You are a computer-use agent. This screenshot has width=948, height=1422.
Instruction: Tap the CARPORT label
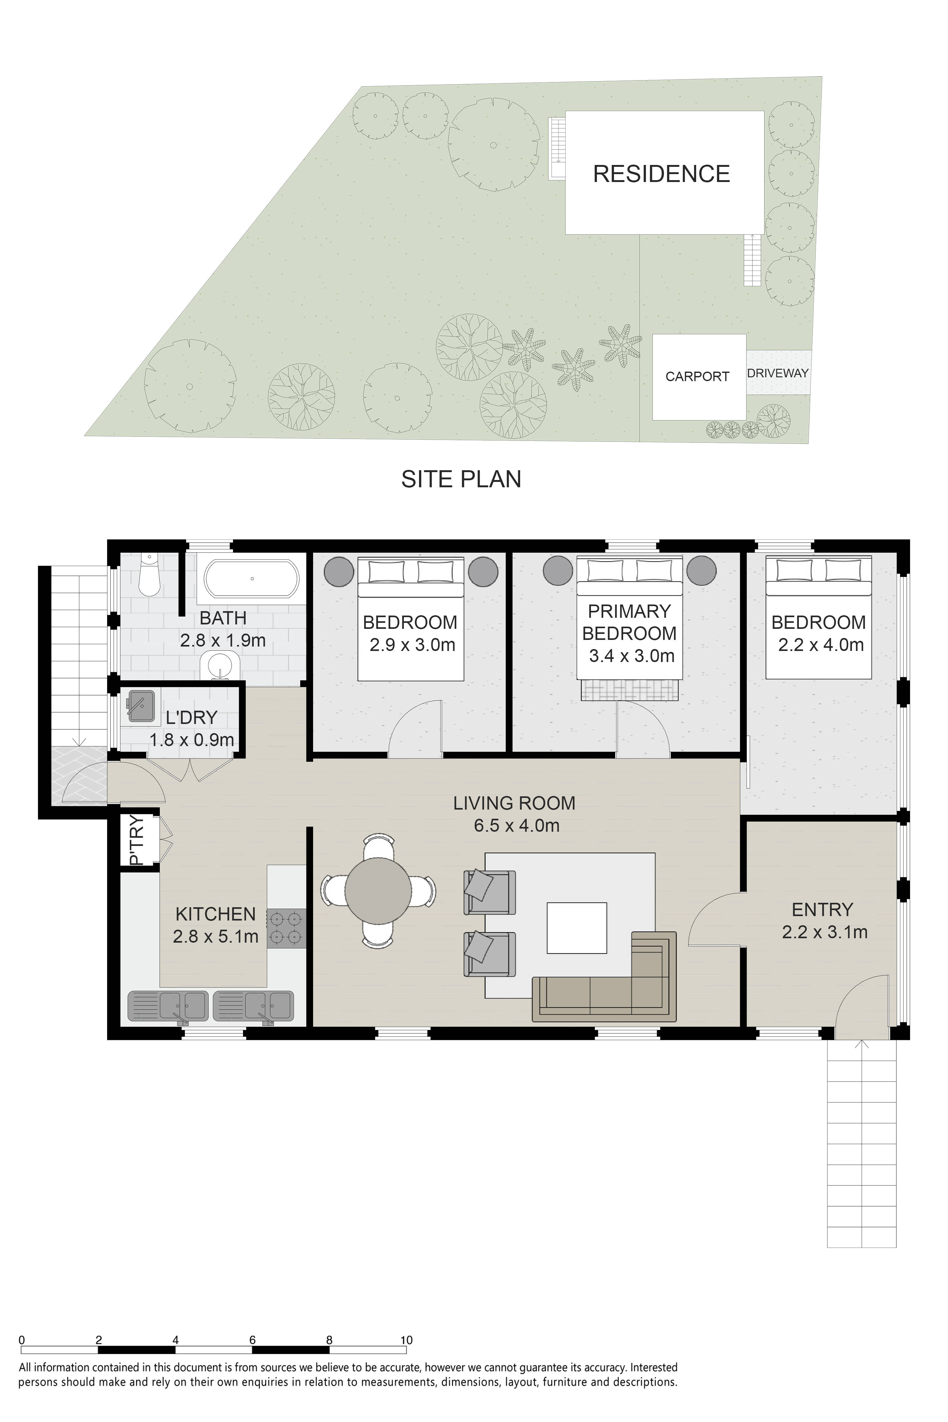coord(697,377)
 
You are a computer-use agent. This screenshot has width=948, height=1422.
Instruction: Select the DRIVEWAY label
coord(777,373)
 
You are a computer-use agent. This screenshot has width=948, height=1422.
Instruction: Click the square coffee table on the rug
coord(577,928)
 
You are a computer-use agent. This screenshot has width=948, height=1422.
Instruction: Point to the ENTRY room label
coord(822,909)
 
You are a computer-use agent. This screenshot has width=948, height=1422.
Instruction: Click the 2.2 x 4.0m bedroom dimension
coord(820,645)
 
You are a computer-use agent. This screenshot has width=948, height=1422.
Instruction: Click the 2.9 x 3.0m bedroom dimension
coord(412,645)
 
